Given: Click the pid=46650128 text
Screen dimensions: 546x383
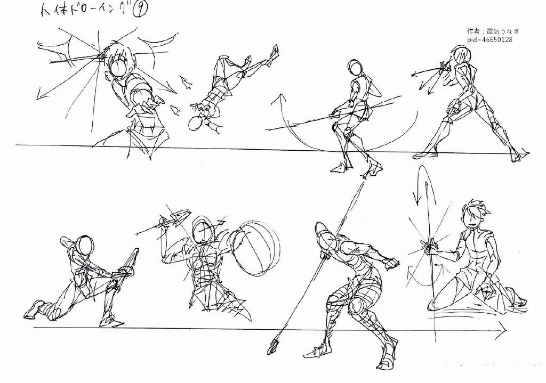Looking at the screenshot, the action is [489, 39].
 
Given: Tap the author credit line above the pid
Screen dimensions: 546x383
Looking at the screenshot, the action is [493, 31].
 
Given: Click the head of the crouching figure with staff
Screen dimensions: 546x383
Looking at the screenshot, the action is [355, 68].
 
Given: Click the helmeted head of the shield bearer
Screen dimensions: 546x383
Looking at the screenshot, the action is [202, 230].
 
